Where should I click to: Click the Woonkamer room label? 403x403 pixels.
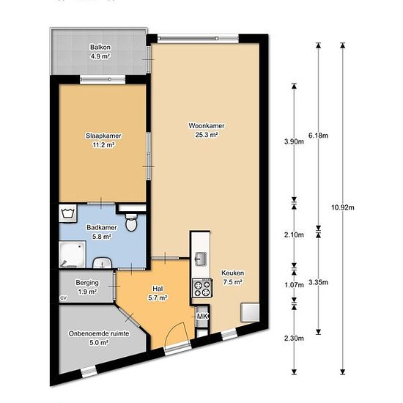(207, 126)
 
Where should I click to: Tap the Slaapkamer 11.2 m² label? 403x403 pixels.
(103, 140)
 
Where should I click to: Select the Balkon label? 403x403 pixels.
(100, 48)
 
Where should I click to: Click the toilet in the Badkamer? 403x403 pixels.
(131, 222)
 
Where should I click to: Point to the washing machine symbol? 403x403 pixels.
(68, 213)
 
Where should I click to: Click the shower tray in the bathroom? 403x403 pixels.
(73, 254)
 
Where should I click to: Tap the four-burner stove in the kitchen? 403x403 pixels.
(202, 288)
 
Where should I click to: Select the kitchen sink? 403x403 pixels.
(200, 259)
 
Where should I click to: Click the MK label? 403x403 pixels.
(202, 317)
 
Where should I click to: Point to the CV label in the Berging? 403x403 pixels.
(63, 298)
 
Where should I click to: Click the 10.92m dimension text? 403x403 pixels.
(343, 207)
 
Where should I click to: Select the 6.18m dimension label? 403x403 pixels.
(319, 136)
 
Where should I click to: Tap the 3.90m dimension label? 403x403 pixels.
(294, 141)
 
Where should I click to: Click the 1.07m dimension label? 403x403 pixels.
(294, 285)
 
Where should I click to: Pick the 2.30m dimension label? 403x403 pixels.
(294, 339)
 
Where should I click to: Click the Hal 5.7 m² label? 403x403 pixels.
(158, 293)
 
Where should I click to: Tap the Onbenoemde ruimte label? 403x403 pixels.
(99, 333)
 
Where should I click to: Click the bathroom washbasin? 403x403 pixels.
(102, 263)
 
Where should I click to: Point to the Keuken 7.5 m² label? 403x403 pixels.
(232, 277)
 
